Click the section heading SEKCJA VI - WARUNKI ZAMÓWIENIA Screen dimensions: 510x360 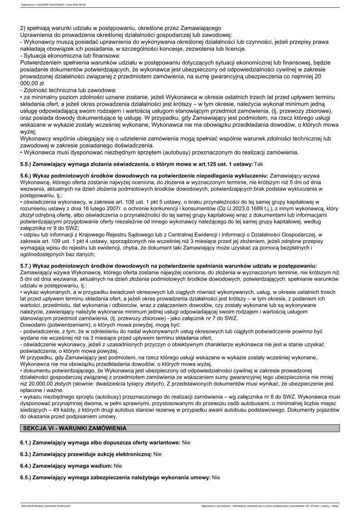[75, 428]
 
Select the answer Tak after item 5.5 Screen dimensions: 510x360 [258, 163]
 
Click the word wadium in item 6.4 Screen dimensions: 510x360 [102, 465]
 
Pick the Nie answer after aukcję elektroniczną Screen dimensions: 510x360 [158, 454]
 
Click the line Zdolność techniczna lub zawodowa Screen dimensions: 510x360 [64, 90]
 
